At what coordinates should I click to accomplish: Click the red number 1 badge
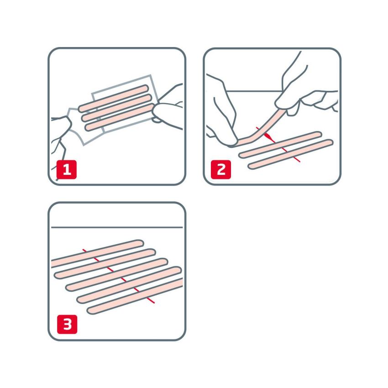tap(67, 170)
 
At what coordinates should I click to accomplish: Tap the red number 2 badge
tap(221, 170)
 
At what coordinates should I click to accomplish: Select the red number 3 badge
tap(67, 325)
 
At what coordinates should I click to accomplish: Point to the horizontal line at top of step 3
tap(117, 227)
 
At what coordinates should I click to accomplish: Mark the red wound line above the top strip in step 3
tap(84, 249)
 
